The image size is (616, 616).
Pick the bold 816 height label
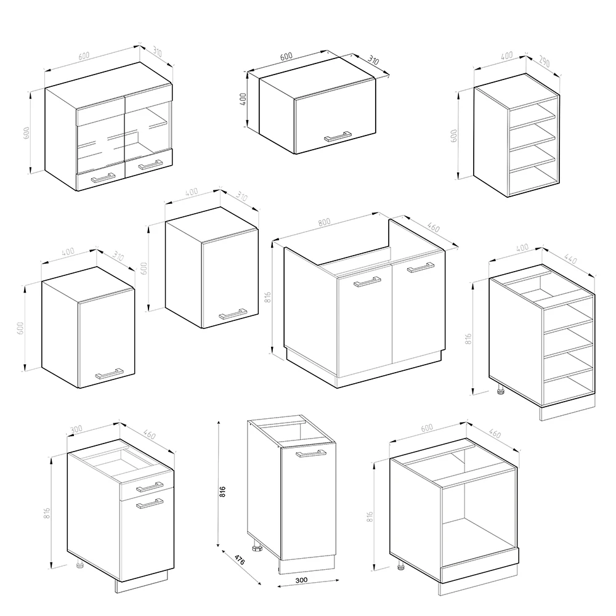point(223,492)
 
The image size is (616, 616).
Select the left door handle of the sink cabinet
point(367,283)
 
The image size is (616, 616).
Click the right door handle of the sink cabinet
point(421,267)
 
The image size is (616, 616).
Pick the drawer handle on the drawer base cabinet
point(150,487)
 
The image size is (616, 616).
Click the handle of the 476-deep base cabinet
point(311,454)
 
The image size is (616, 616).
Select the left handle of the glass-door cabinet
point(103,177)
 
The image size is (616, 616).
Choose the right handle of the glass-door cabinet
point(150,164)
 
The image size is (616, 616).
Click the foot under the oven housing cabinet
point(401,565)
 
